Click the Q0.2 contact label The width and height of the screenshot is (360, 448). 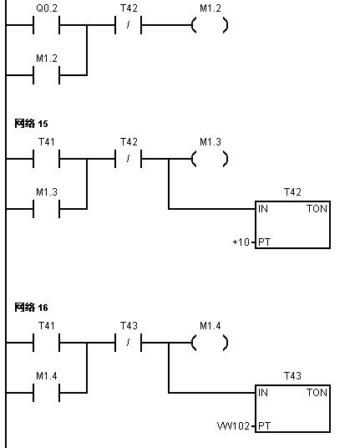[47, 8]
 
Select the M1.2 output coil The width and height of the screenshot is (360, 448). [210, 25]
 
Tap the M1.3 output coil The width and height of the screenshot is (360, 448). [210, 159]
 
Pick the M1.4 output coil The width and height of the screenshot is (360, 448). [210, 343]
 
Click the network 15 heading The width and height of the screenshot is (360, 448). [31, 124]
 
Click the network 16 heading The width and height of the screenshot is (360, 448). [31, 308]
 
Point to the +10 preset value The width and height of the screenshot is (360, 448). [241, 242]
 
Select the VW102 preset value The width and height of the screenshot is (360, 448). [233, 426]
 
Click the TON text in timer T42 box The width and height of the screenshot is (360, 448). [317, 209]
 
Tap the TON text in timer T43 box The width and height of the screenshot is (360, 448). [317, 393]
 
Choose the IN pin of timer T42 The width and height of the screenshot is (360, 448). [263, 209]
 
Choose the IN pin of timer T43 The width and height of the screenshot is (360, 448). [263, 393]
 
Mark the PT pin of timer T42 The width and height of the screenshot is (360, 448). [264, 242]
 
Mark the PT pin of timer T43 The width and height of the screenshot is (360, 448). [264, 426]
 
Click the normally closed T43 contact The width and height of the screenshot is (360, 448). [128, 343]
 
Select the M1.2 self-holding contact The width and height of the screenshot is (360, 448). [46, 75]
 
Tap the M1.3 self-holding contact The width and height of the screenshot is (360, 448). [46, 209]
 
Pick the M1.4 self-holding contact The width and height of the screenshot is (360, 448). [46, 393]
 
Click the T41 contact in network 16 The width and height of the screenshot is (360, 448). [46, 343]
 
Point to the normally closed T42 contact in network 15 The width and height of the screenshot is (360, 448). [128, 159]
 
